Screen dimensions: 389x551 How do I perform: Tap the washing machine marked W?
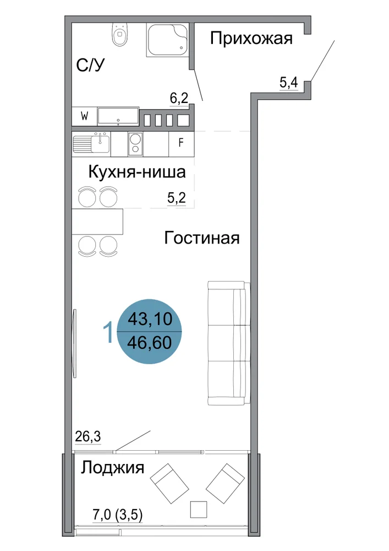(x=84, y=116)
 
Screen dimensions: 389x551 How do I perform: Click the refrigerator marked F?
(x=181, y=143)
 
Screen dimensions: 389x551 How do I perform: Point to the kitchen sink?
(x=91, y=143)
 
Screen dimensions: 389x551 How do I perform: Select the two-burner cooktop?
(x=135, y=143)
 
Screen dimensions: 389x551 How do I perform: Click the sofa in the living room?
(x=229, y=343)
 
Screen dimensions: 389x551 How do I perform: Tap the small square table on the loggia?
(x=199, y=509)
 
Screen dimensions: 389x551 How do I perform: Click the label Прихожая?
(x=251, y=38)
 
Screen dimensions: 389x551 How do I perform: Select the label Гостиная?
(x=202, y=238)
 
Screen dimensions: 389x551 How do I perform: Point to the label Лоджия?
(x=113, y=468)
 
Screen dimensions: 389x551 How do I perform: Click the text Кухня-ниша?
(x=137, y=172)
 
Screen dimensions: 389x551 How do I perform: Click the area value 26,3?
(x=88, y=436)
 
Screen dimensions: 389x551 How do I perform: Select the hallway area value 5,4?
(x=289, y=83)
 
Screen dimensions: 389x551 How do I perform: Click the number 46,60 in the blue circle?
(x=150, y=343)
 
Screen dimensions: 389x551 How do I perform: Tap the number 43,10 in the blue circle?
(x=150, y=319)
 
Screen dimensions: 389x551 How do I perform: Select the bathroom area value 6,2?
(x=179, y=98)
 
